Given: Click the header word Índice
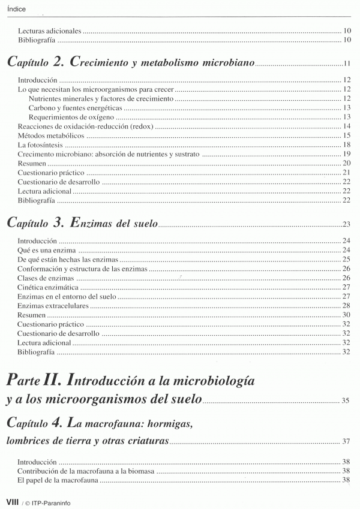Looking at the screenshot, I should [x=16, y=8].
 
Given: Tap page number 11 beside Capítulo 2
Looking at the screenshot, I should [x=346, y=64].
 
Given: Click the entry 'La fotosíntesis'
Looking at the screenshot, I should [x=40, y=144].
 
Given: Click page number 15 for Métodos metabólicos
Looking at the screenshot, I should [x=346, y=135].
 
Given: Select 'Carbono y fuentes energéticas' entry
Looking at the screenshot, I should [x=75, y=107].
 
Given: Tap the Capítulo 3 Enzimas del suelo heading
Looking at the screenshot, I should [x=81, y=223].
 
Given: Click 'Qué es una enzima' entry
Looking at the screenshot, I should [x=46, y=249].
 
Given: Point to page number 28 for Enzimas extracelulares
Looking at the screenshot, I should [x=346, y=306].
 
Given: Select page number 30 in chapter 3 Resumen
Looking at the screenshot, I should [x=346, y=315].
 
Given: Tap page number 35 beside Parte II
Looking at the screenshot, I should [x=345, y=400].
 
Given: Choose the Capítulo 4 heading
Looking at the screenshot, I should [x=99, y=423].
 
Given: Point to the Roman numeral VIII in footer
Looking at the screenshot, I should [x=12, y=501].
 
